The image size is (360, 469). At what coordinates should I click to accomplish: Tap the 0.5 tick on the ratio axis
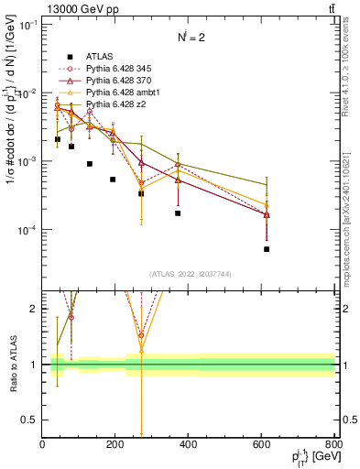click(31, 420)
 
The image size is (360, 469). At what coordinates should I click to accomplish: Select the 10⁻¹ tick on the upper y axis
click(27, 26)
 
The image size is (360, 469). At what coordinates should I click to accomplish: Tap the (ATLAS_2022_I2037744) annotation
click(189, 276)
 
